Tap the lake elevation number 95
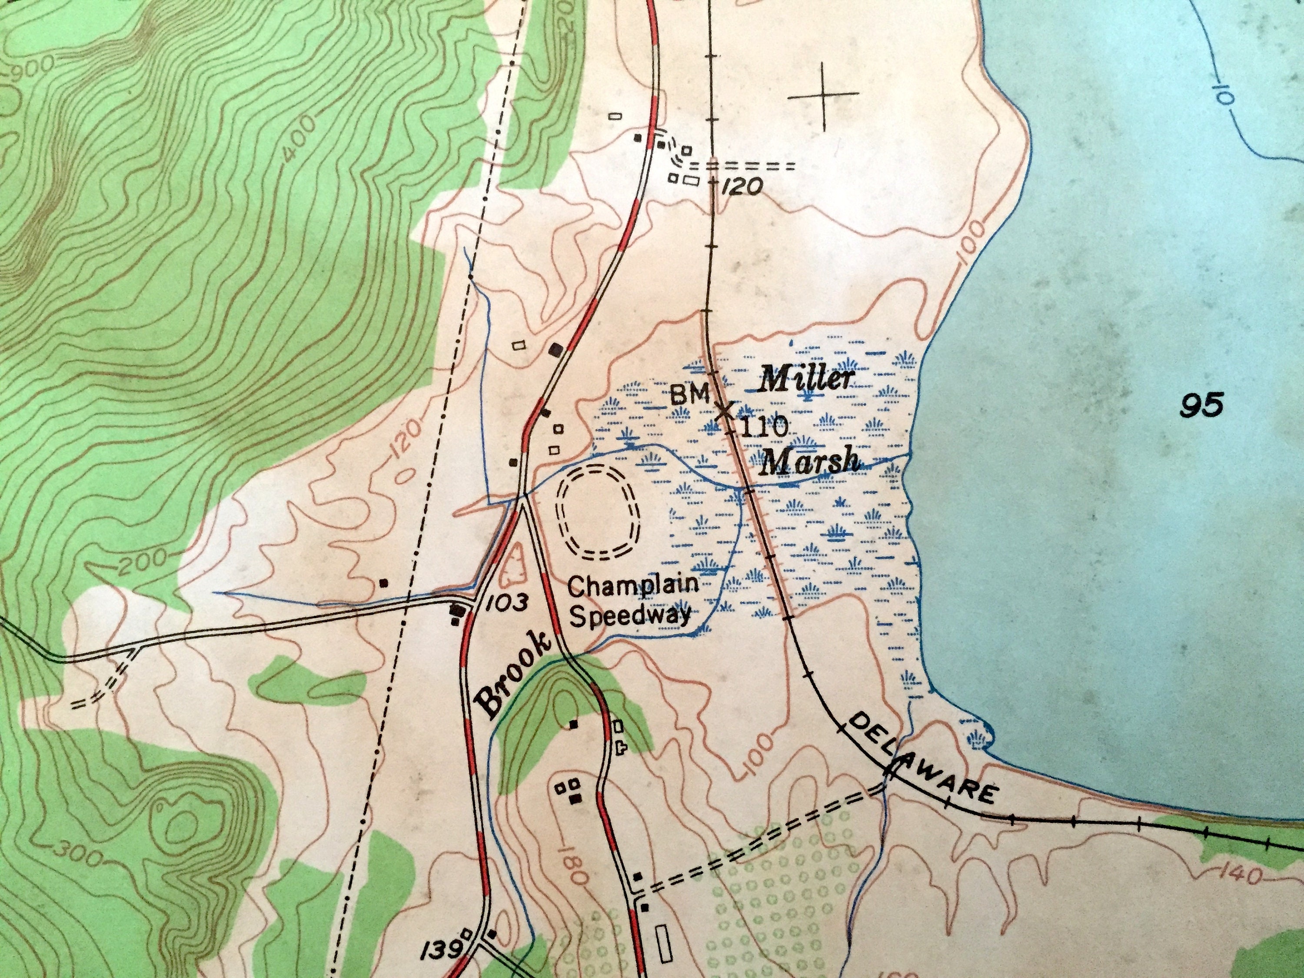pyautogui.click(x=1202, y=406)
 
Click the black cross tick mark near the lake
pyautogui.click(x=824, y=96)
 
